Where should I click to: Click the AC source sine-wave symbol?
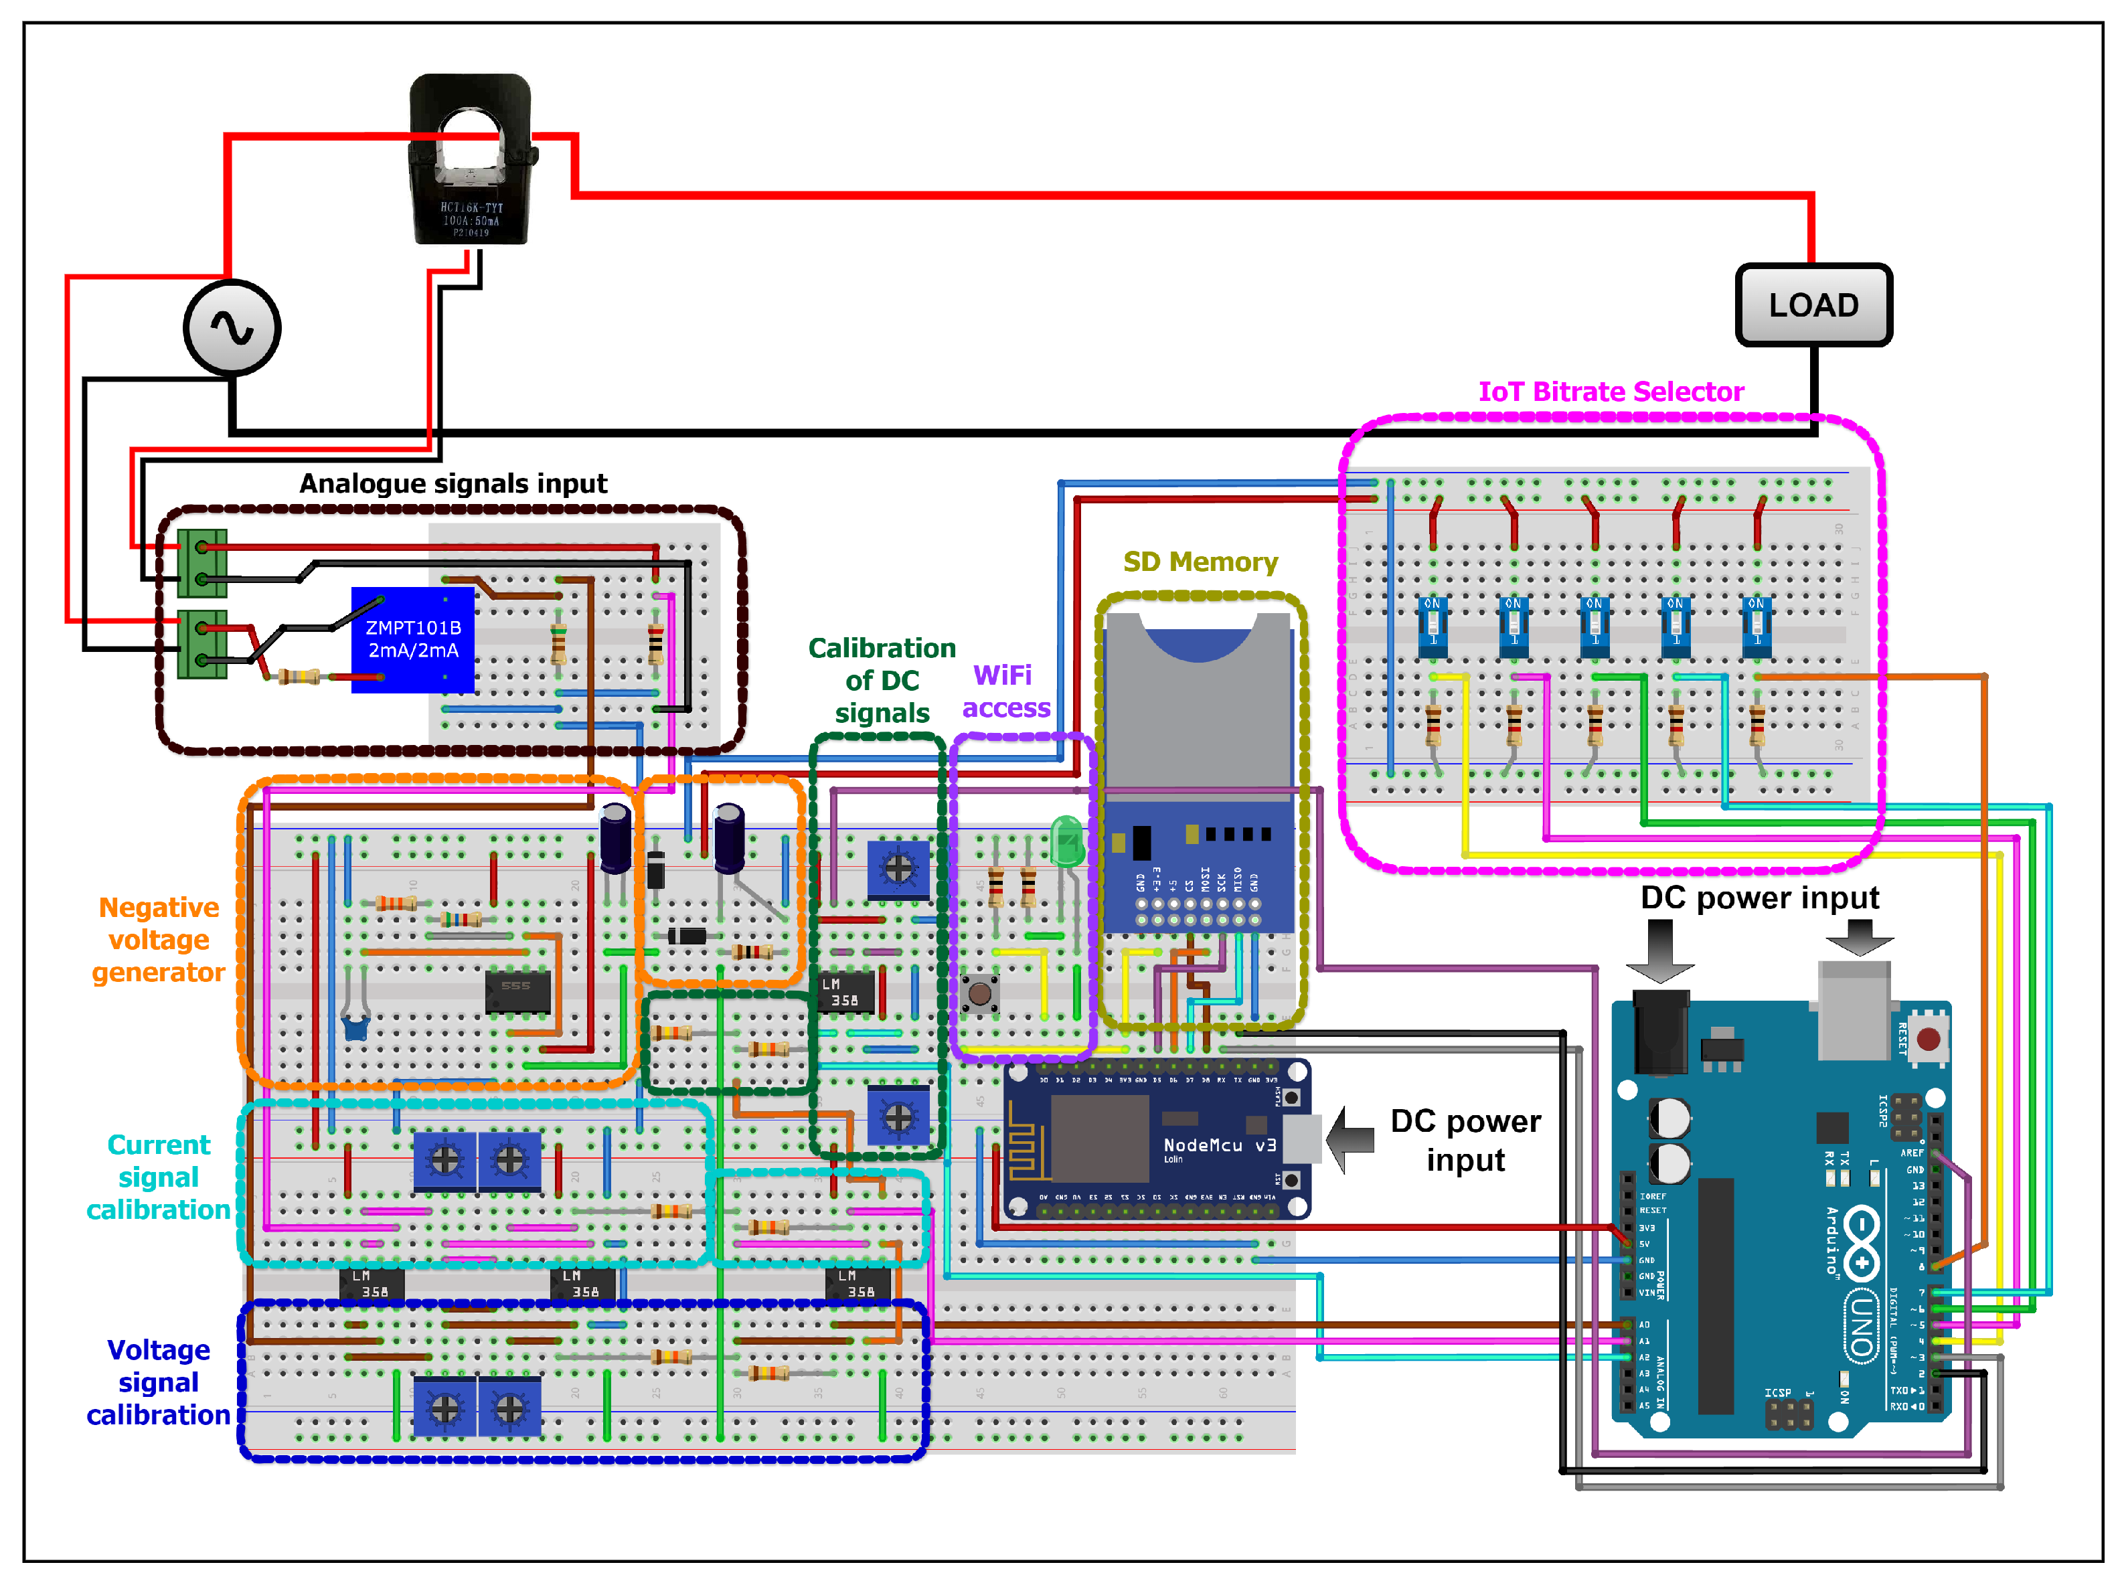232,328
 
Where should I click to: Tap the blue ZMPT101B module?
413,639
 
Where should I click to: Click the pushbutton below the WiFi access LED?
979,994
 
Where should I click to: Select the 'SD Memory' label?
1200,562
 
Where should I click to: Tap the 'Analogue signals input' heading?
453,483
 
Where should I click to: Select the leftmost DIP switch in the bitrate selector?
1432,624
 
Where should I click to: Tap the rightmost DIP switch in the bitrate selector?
1756,624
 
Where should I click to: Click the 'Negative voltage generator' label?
158,939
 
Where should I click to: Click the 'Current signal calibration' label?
158,1177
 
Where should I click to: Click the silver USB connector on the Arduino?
1854,1011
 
